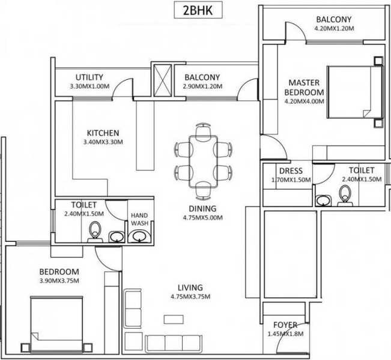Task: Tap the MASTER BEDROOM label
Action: point(304,88)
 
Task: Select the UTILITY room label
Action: point(89,77)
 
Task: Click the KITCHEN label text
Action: point(103,133)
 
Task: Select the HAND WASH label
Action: point(139,219)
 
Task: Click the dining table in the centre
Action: point(203,158)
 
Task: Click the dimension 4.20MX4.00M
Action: point(304,101)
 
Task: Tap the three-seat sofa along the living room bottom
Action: point(171,343)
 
